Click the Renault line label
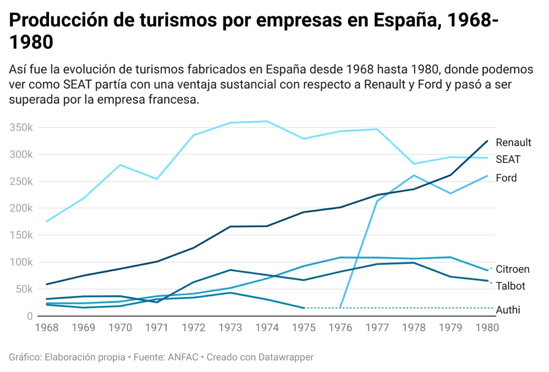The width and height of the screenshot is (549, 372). pyautogui.click(x=513, y=142)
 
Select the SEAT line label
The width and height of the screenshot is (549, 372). pyautogui.click(x=508, y=159)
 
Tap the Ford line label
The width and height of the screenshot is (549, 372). pyautogui.click(x=506, y=178)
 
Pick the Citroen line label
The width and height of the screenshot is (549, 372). pyautogui.click(x=512, y=269)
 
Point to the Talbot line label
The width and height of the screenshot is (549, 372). pyautogui.click(x=510, y=286)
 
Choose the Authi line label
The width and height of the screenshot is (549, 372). pyautogui.click(x=508, y=310)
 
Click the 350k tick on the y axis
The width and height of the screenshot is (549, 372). pyautogui.click(x=21, y=127)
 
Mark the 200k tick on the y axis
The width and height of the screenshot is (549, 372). pyautogui.click(x=21, y=208)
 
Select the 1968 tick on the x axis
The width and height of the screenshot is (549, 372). pyautogui.click(x=47, y=327)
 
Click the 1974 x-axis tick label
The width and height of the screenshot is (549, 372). pyautogui.click(x=267, y=327)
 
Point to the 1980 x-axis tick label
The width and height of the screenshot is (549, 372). pyautogui.click(x=487, y=327)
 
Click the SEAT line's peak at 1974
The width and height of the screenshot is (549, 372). pyautogui.click(x=267, y=121)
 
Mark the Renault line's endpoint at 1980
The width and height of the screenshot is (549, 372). pyautogui.click(x=487, y=141)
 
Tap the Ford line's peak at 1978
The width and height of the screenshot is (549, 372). pyautogui.click(x=414, y=175)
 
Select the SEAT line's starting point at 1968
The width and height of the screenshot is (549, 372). pyautogui.click(x=47, y=222)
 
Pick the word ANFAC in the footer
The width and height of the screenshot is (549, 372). pyautogui.click(x=183, y=357)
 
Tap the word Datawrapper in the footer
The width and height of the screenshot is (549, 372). pyautogui.click(x=286, y=357)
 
